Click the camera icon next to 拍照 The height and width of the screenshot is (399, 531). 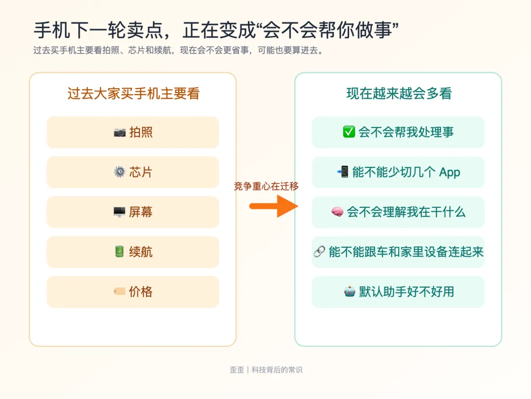[x=119, y=133]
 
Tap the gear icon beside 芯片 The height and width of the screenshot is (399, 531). [x=119, y=172]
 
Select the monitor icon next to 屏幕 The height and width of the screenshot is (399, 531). [x=119, y=212]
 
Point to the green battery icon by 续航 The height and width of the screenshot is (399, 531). [x=119, y=252]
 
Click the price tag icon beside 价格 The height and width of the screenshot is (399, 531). [x=119, y=292]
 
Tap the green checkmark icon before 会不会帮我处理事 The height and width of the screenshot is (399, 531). [x=349, y=132]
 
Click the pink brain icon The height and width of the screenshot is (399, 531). [x=337, y=212]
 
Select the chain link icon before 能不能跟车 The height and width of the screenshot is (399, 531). [x=319, y=252]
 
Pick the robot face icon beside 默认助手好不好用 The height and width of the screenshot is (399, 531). [x=350, y=292]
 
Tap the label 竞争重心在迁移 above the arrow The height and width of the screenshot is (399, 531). [x=266, y=186]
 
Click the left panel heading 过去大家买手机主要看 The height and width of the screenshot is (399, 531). [x=133, y=94]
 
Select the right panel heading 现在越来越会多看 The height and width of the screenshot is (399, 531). [x=399, y=94]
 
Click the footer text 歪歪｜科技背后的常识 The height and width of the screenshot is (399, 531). [x=266, y=370]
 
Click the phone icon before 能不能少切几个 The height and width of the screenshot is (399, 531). [x=343, y=172]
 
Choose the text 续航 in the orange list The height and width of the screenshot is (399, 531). [x=141, y=252]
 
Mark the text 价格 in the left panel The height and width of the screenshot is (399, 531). [x=141, y=292]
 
